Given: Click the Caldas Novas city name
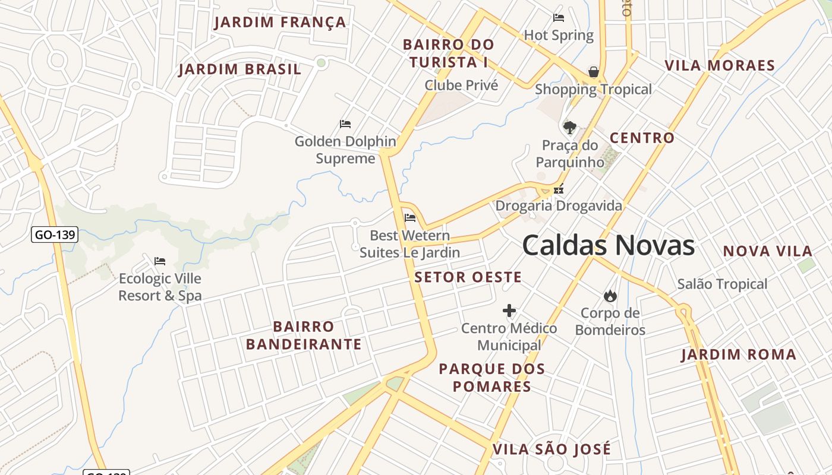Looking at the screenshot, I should [608, 245].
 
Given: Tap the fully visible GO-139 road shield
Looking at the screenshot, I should [55, 235].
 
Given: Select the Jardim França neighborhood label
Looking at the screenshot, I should [280, 23].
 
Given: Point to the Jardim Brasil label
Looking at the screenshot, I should [240, 69].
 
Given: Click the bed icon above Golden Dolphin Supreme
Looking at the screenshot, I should [345, 124].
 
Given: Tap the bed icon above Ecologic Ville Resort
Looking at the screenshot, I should [160, 261].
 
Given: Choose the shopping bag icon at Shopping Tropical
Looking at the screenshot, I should [593, 72].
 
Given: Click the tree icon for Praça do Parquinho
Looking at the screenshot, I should [569, 127].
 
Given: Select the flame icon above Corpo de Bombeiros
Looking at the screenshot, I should [610, 296].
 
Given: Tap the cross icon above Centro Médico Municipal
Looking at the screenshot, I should [509, 311].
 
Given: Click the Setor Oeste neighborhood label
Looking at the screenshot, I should [468, 277].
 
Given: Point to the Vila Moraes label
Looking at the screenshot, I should [720, 65].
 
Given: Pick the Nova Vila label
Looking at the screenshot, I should [767, 251].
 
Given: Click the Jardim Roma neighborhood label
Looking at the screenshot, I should [738, 355].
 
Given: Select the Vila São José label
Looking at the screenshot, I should [551, 449].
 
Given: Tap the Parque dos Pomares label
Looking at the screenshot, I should [491, 378].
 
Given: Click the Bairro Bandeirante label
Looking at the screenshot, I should [304, 335].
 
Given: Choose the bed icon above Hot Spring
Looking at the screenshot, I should [559, 18].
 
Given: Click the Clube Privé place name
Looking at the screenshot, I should [461, 85].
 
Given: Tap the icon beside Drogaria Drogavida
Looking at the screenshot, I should [559, 190].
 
